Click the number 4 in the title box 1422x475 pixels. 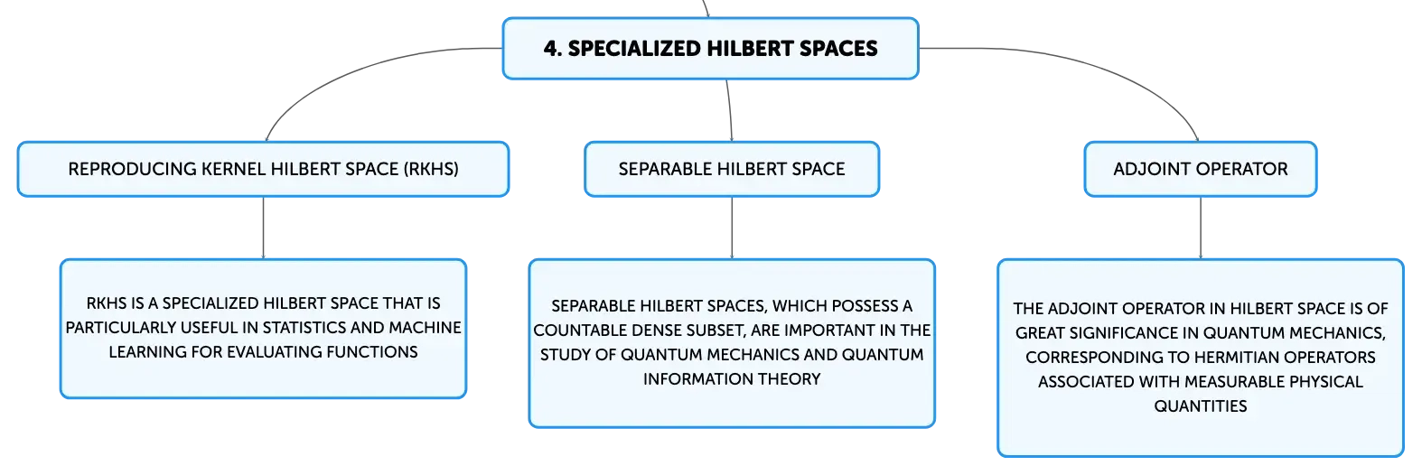point(552,49)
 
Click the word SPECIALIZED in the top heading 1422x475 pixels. point(634,49)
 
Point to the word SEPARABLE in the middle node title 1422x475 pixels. point(665,170)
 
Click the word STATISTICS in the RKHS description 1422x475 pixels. point(304,328)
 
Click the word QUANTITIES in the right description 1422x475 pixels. point(1201,406)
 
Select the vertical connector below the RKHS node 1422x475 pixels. point(264,228)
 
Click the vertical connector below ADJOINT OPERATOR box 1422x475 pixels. point(1201,228)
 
